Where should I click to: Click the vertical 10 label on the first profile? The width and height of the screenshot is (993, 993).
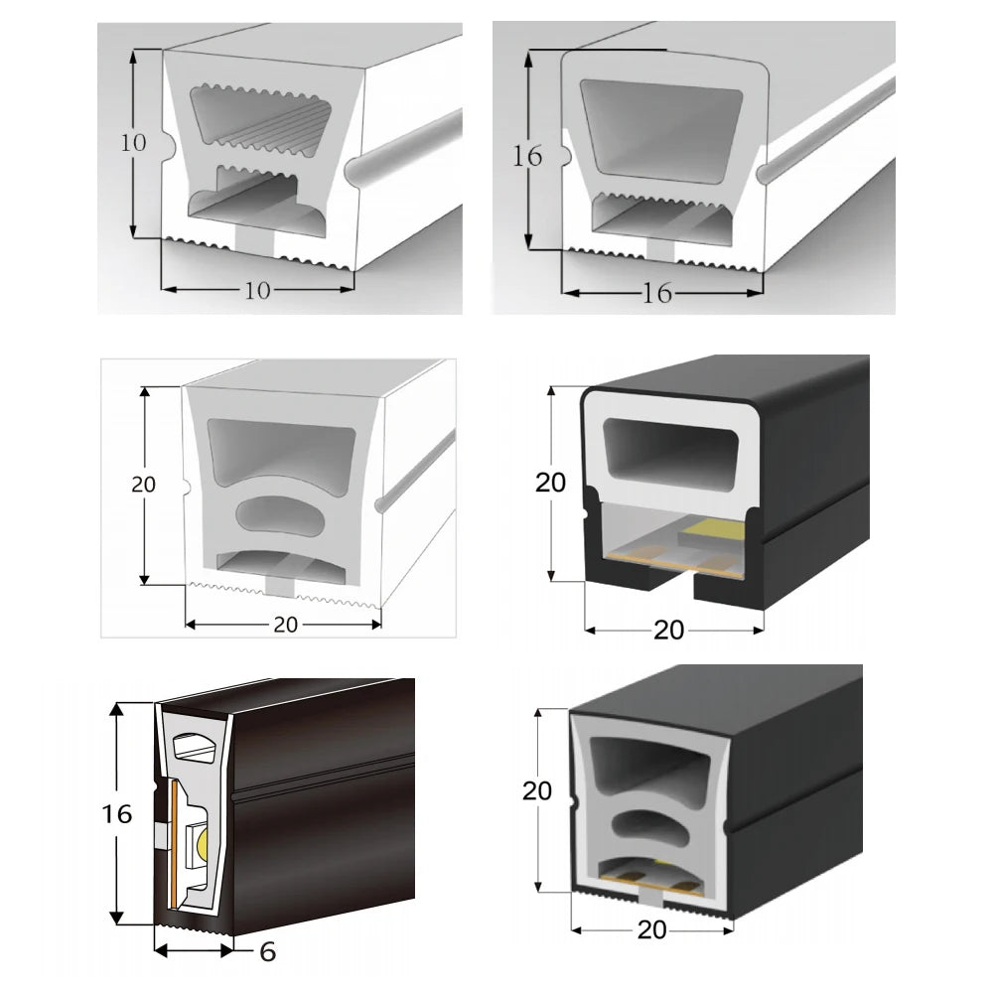tap(134, 143)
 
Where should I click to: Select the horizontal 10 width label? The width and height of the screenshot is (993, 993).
tap(258, 291)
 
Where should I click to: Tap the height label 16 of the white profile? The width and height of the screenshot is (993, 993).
tap(527, 156)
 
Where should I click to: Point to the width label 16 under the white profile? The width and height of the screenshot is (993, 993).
tap(656, 293)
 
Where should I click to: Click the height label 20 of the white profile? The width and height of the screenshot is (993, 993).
tap(144, 485)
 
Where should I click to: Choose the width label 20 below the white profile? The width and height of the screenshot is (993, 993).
tap(286, 625)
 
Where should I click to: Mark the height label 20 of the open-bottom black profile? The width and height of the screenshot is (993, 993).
tap(550, 484)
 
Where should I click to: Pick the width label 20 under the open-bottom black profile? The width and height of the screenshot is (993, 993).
tap(668, 631)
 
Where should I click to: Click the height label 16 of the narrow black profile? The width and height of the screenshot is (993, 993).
tap(117, 814)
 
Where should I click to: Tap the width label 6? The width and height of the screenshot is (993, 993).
tap(268, 952)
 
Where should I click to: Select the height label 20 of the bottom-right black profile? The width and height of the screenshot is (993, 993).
tap(537, 791)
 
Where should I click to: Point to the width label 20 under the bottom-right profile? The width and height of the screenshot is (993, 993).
tap(651, 930)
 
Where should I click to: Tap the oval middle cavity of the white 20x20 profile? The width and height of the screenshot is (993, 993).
tap(280, 513)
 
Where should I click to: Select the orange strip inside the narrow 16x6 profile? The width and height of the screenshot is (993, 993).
tap(174, 845)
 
